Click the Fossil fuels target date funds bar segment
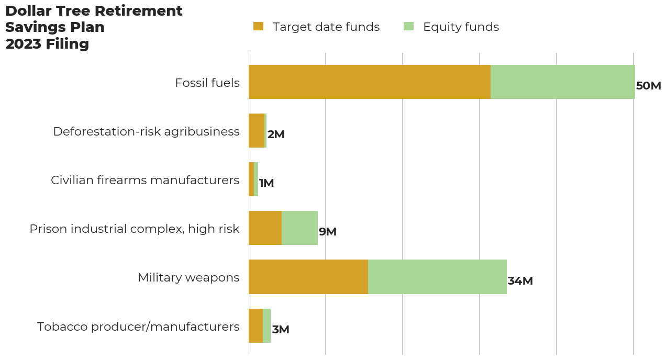tap(370, 82)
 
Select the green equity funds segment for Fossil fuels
tap(563, 82)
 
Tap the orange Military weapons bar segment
tap(308, 277)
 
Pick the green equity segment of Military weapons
tap(437, 277)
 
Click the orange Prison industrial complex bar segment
tap(265, 228)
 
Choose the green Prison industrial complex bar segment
tap(300, 228)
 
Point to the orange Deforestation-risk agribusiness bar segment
tap(257, 131)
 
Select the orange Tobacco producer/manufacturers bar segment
tap(256, 326)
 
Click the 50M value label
tap(648, 86)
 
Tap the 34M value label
tap(520, 281)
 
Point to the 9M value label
tap(328, 232)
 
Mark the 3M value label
tap(281, 330)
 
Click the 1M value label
tap(266, 183)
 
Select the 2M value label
tap(276, 134)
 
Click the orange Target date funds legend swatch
tap(259, 27)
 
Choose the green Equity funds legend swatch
tap(408, 27)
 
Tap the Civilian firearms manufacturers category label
tap(145, 181)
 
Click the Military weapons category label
tap(189, 278)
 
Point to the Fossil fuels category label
tap(207, 83)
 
